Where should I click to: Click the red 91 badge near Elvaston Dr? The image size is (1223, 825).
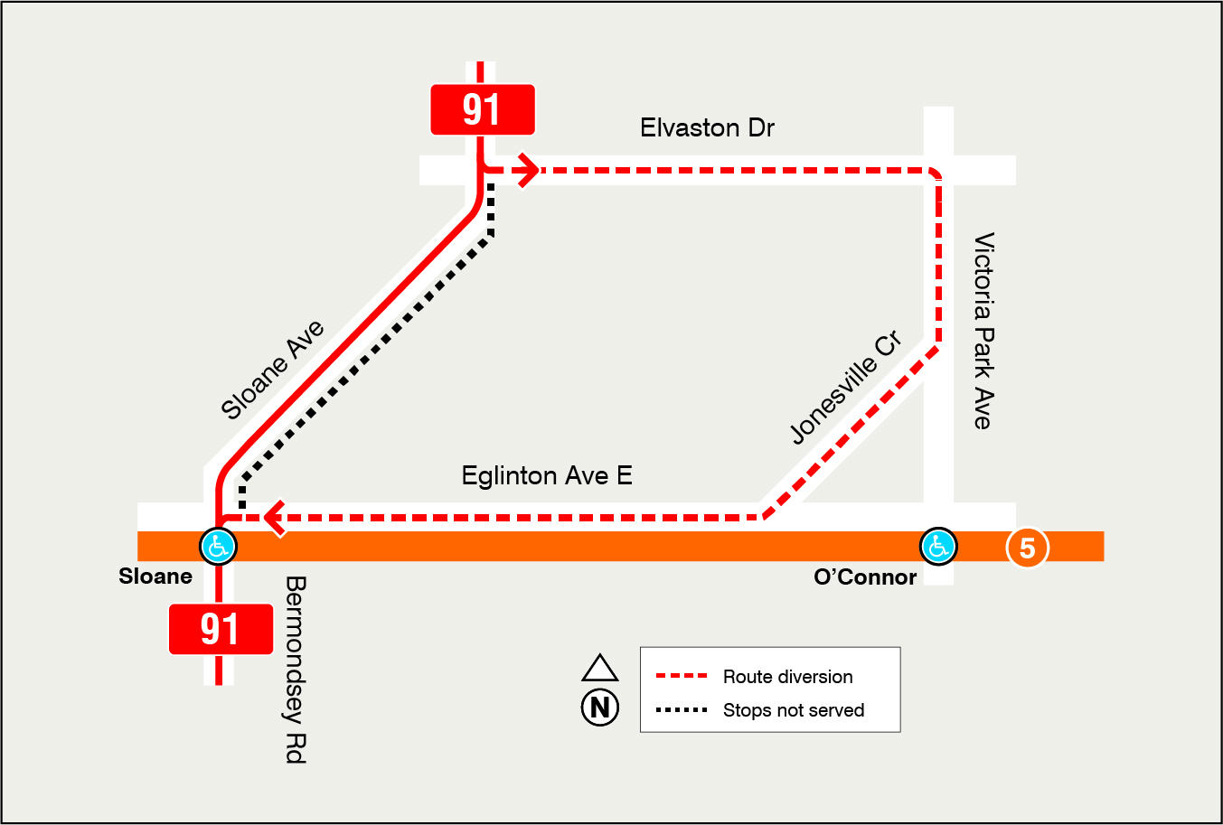pos(483,109)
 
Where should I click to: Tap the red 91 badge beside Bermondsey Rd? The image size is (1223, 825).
pos(221,629)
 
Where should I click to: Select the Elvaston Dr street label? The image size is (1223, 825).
pos(707,128)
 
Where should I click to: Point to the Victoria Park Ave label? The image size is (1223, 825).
pos(983,331)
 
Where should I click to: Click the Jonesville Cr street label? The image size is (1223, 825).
pos(845,389)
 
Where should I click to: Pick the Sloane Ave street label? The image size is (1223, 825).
pos(272,370)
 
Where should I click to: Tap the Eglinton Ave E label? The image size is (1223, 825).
pos(547,475)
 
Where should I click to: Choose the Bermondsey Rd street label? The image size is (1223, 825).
pos(296,670)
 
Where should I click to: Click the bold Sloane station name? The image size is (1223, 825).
pos(155,577)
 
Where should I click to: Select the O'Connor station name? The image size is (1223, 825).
pos(865,577)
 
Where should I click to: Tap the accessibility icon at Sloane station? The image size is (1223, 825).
pos(218,546)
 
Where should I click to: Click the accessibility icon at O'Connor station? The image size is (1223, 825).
pos(938,546)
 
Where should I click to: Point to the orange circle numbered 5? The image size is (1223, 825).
pos(1027,548)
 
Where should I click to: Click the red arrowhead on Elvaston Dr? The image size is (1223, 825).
pos(529,169)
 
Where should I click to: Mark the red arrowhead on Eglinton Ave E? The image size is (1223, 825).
pos(274,518)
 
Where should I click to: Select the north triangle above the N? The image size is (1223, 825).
pos(600,668)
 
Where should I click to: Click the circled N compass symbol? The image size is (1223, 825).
pos(600,707)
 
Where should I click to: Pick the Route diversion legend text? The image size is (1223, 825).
pos(787,677)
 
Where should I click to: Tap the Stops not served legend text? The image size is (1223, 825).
pos(794,710)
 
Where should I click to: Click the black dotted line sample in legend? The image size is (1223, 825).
pos(681,710)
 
